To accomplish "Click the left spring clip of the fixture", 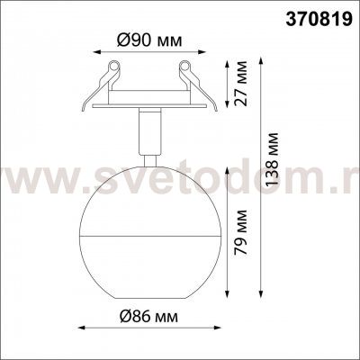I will coord(110,72).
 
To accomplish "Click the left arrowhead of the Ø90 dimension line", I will coord(94,52).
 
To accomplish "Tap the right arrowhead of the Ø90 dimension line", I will coord(200,52).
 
